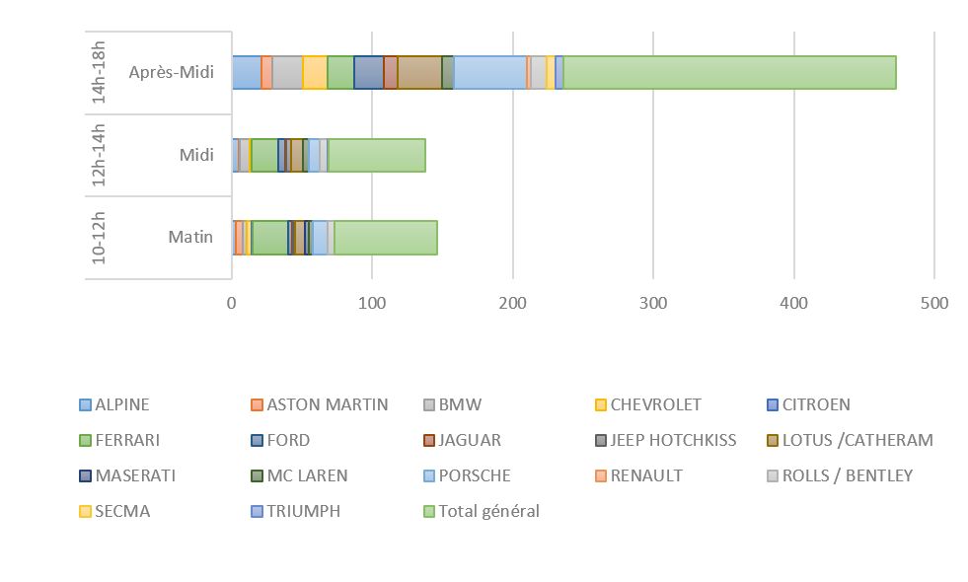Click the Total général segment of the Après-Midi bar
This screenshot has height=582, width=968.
(729, 73)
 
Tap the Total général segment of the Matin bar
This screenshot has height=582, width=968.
(386, 238)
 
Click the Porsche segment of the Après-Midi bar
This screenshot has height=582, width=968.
(489, 73)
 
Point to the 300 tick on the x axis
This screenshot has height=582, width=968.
(653, 303)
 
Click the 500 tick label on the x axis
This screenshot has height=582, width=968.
(933, 303)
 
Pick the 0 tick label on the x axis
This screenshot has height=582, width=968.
(232, 303)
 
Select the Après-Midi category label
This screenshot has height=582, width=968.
(171, 72)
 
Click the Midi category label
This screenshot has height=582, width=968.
(196, 155)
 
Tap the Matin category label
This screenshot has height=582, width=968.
(190, 237)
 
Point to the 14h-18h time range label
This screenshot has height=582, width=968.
(99, 72)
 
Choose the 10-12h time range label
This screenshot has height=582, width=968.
(99, 238)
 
